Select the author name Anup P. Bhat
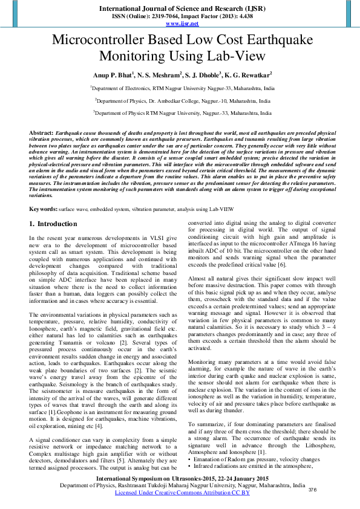(108, 75)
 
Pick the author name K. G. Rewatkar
(248, 75)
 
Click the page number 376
(313, 489)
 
